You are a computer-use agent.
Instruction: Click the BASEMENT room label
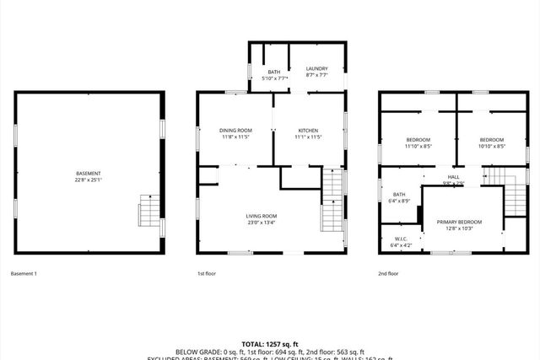88,174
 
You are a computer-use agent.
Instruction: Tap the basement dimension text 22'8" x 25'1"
88,180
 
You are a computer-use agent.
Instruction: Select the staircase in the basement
149,214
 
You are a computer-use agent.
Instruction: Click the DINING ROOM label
235,130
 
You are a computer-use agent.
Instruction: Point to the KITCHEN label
308,130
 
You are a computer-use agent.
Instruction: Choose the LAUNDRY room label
317,69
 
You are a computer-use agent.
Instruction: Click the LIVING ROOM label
262,216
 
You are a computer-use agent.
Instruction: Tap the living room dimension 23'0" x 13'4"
262,223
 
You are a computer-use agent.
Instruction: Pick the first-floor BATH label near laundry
274,72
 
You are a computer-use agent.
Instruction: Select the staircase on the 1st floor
333,202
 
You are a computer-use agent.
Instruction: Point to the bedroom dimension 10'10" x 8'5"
492,146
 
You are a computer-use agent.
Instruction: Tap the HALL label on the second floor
454,176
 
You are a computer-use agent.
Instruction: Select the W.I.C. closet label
402,239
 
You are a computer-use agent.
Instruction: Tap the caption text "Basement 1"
24,273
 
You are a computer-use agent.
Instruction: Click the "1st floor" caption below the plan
208,273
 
